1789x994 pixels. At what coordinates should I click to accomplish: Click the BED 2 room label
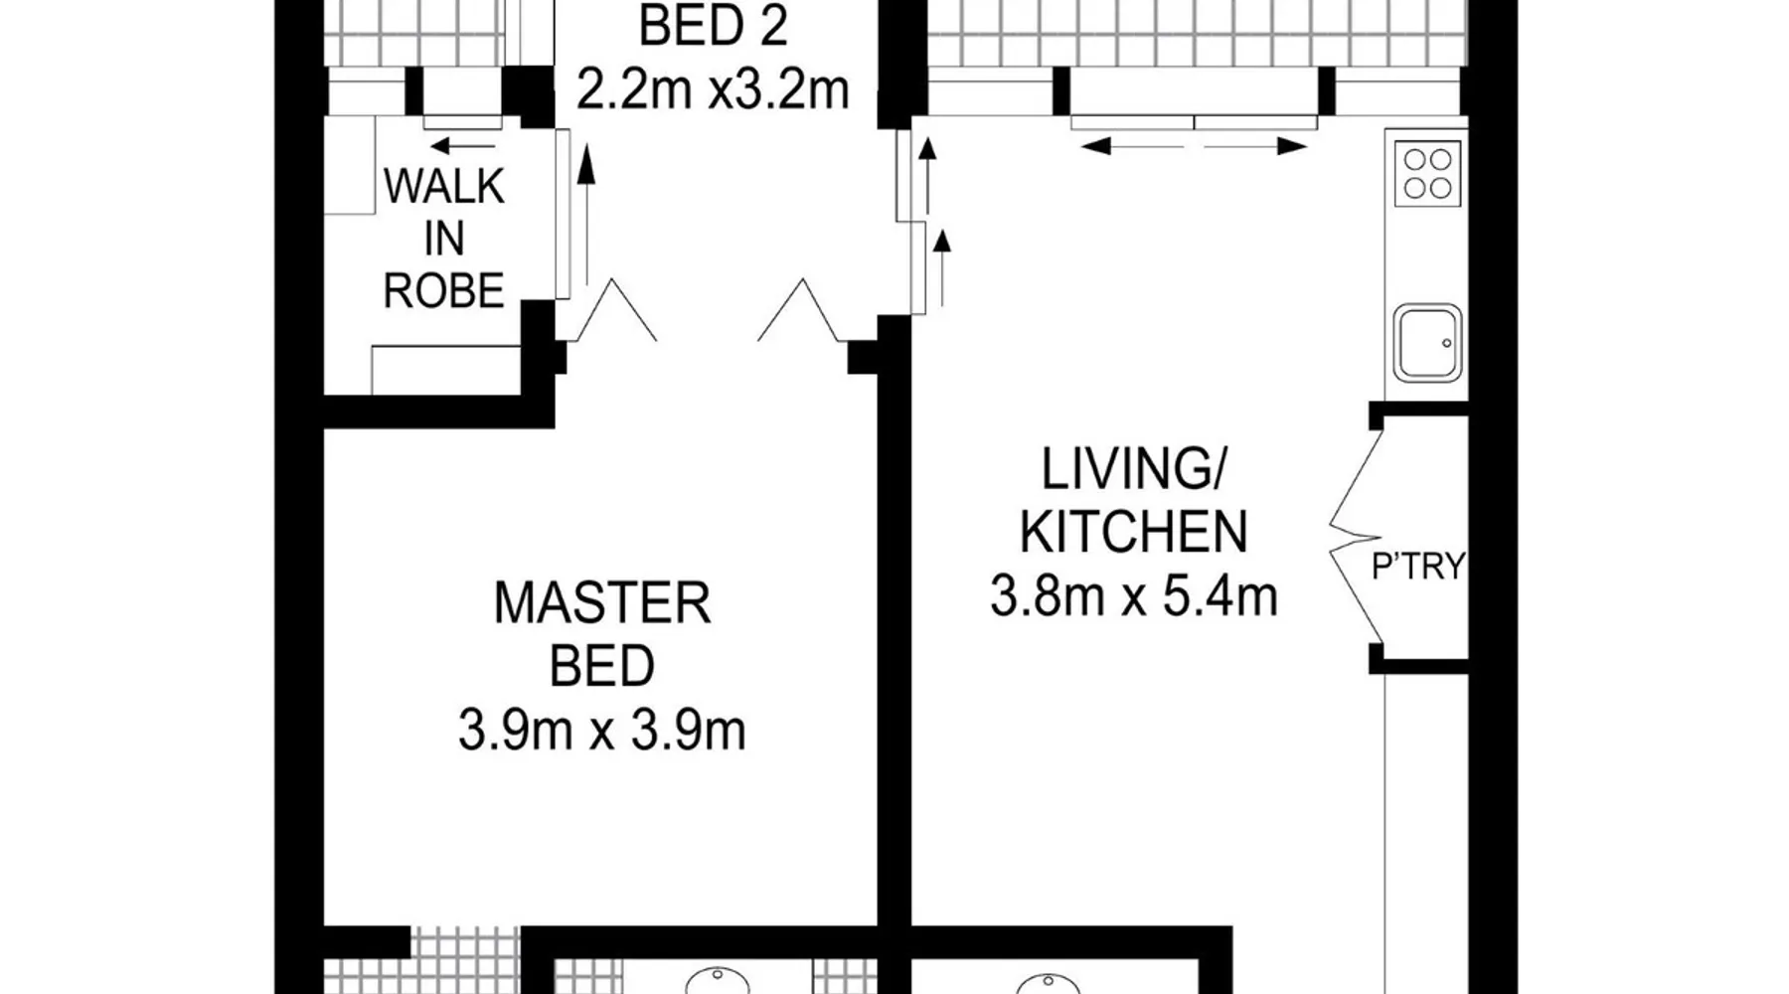[713, 27]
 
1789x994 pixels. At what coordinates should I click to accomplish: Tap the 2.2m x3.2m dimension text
[713, 90]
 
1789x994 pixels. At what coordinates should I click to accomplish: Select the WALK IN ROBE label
[443, 239]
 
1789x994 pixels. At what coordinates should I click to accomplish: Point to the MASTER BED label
[602, 634]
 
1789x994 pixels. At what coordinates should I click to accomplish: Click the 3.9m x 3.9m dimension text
[602, 731]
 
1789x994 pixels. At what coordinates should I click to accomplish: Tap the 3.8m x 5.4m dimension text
[1133, 597]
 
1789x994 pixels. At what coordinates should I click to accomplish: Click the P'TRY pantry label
[1418, 566]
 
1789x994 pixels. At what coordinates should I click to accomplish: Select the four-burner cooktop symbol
[1427, 173]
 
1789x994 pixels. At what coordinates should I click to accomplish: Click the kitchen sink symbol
[1427, 343]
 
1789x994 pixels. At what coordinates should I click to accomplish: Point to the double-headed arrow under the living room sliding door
[1194, 147]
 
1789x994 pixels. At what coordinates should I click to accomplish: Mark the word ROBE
[443, 291]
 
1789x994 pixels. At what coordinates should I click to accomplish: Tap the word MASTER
[602, 603]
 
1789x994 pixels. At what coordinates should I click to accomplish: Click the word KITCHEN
[1133, 532]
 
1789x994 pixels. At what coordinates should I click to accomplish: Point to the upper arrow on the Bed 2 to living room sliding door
[927, 176]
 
